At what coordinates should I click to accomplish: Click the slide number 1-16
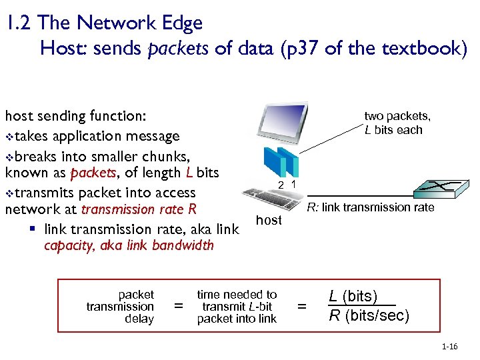click(449, 347)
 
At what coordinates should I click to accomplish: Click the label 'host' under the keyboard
click(269, 221)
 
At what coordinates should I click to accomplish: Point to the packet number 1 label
click(294, 183)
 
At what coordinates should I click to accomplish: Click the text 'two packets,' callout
click(397, 116)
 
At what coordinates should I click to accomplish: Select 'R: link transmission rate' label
click(370, 208)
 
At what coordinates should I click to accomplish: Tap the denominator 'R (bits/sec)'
click(369, 315)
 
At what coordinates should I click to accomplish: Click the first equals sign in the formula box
click(177, 307)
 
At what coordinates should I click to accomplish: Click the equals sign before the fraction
click(302, 307)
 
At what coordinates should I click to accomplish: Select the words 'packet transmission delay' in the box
click(120, 307)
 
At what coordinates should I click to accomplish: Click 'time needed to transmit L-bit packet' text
click(237, 307)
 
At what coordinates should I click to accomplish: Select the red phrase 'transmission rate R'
click(139, 209)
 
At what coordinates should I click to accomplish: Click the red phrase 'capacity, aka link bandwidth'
click(129, 245)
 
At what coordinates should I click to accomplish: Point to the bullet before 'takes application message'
click(9, 137)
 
